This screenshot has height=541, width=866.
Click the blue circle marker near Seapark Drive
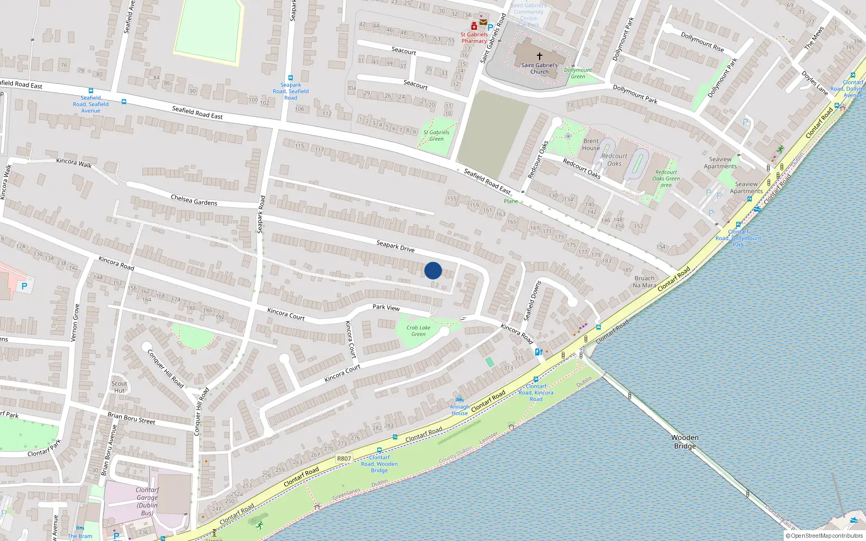click(x=433, y=270)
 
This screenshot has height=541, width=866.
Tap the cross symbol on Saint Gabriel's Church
click(x=539, y=56)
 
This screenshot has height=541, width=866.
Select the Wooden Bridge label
click(x=685, y=441)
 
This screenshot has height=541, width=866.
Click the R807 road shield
click(x=344, y=458)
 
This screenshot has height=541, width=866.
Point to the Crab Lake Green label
click(x=418, y=331)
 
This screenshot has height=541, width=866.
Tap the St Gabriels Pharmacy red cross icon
click(x=474, y=26)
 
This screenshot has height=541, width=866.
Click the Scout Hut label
click(x=120, y=387)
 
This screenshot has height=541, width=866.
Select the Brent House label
click(x=591, y=144)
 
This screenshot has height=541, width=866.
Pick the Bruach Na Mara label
click(x=644, y=281)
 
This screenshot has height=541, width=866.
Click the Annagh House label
click(x=460, y=410)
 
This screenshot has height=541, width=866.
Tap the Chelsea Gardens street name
click(x=194, y=200)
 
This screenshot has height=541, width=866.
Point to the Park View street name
click(x=386, y=307)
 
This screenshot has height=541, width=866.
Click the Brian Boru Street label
click(x=131, y=418)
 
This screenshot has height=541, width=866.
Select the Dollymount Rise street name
click(x=702, y=42)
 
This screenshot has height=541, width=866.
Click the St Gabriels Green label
click(x=436, y=135)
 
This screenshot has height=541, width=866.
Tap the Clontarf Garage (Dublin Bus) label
click(x=147, y=501)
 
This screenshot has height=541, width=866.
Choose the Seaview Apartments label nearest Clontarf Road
click(x=746, y=187)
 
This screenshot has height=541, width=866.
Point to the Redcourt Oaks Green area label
click(x=666, y=179)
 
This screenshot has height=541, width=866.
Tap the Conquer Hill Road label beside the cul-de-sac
click(x=166, y=368)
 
